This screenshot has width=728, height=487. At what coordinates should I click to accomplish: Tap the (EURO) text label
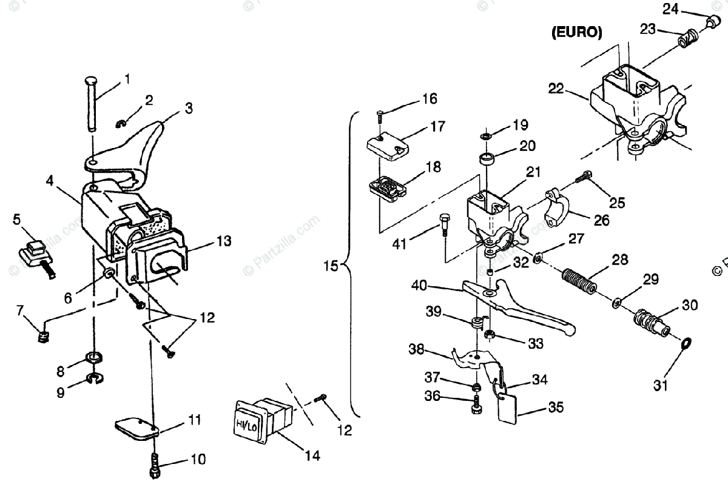(x=576, y=33)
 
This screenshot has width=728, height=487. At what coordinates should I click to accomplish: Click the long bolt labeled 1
(x=90, y=103)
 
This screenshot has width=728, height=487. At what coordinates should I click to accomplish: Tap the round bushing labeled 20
(x=488, y=161)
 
